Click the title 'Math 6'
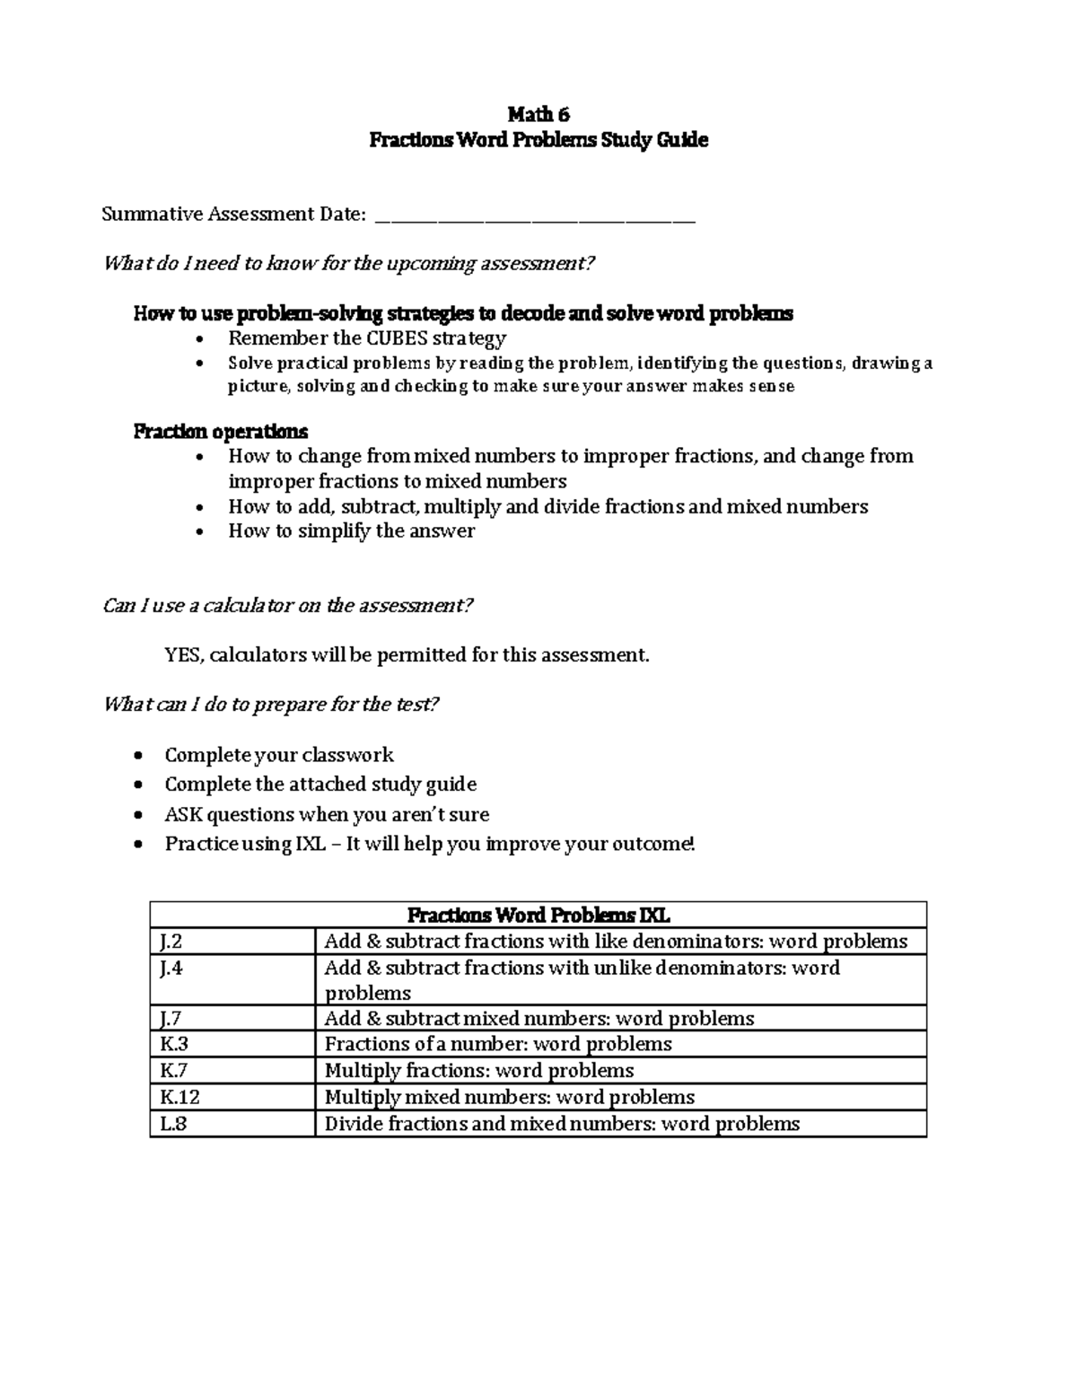pos(538,114)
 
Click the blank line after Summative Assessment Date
pos(535,215)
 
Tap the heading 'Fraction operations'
pos(221,431)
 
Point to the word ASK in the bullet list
pos(183,814)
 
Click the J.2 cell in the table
pos(171,942)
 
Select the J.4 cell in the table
pos(171,968)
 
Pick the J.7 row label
pos(171,1019)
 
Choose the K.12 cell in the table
pos(179,1097)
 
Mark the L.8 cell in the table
pos(174,1124)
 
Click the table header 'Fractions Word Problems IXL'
pos(538,916)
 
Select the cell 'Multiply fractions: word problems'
pos(479,1071)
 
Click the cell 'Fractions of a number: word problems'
pos(498,1044)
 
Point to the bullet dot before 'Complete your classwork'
pos(137,756)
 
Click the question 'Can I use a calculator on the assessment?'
pos(287,606)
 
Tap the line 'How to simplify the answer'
pos(351,531)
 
